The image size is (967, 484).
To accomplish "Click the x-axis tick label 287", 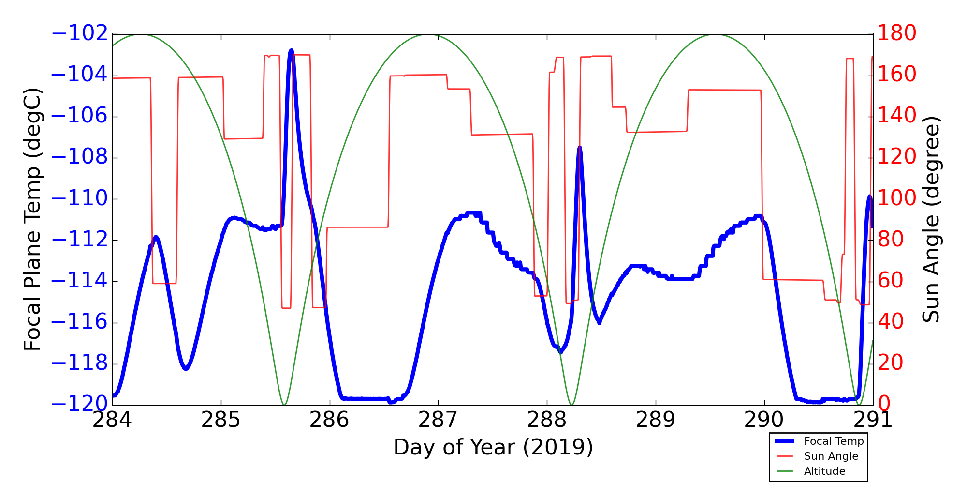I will [438, 420].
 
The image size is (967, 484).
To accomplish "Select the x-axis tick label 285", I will [221, 420].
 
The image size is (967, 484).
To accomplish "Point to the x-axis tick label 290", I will [764, 420].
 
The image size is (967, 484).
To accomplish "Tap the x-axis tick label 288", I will [547, 420].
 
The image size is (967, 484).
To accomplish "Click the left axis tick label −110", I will [79, 199].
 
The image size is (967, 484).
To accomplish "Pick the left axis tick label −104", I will [79, 76].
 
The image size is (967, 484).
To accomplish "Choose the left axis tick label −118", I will [79, 363].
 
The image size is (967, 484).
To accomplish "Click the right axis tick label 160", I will [897, 75].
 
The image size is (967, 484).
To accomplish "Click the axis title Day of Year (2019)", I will [493, 447].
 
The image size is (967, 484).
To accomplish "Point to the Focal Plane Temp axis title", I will [32, 219].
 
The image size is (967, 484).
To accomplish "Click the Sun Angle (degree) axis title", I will [931, 219].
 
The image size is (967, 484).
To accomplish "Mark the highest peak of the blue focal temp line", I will [291, 50].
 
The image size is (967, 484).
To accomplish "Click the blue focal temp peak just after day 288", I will [579, 148].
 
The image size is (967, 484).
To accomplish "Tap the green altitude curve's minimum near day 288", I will [571, 404].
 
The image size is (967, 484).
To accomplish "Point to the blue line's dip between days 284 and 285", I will [186, 368].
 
